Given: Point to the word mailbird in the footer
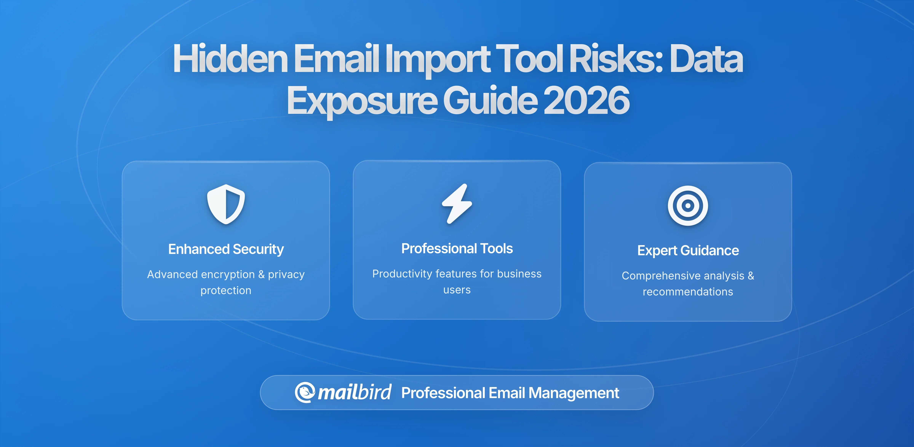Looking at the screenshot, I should click(x=354, y=392).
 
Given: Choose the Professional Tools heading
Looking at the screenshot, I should click(x=457, y=248).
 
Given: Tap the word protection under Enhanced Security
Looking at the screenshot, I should click(x=226, y=291).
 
